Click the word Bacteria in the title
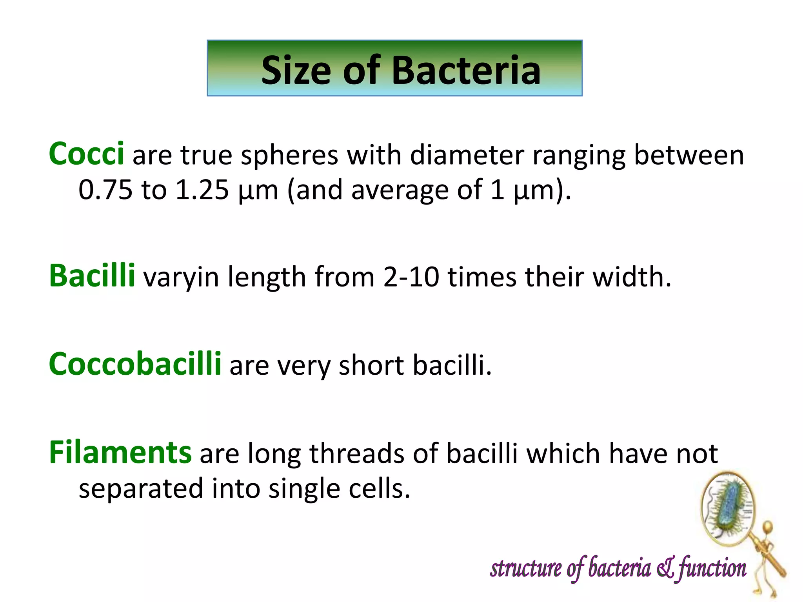point(466,71)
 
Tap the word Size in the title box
point(296,71)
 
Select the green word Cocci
point(86,154)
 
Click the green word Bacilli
point(92,276)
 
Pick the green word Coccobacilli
point(135,364)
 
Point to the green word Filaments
point(120,452)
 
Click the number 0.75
point(105,190)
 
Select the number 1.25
point(202,190)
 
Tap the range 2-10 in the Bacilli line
point(411,277)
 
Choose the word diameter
point(467,155)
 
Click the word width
point(632,277)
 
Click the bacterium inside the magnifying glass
point(729,508)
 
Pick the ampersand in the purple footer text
point(665,568)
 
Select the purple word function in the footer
point(712,569)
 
